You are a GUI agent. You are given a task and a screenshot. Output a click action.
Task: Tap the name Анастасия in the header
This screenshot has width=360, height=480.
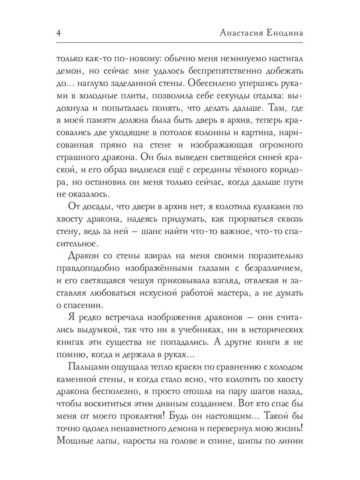point(241,33)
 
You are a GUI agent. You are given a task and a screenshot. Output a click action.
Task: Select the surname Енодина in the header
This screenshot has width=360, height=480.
point(285,33)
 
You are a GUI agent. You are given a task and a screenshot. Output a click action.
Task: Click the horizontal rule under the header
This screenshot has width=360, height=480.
point(180,42)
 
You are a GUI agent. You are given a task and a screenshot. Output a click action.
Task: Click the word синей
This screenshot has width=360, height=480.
point(262,157)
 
